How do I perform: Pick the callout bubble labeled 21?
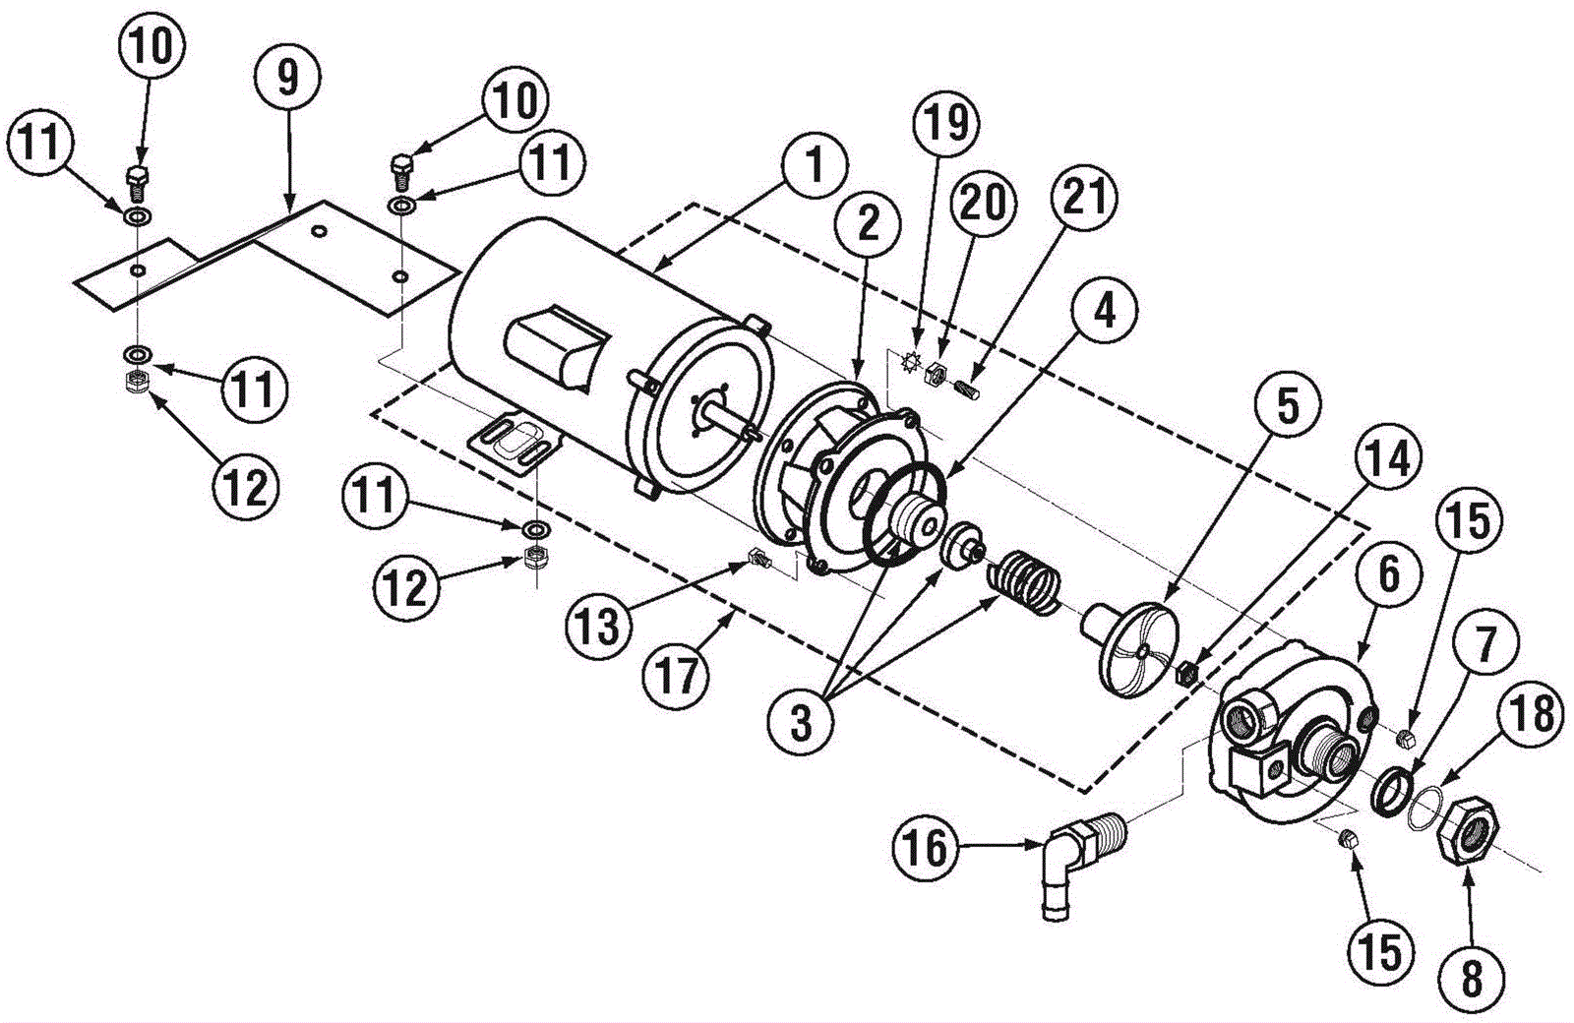click(x=1084, y=197)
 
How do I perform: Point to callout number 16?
click(x=927, y=848)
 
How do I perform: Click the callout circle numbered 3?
click(x=802, y=723)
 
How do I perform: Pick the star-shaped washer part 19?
click(x=911, y=363)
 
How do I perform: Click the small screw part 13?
click(x=758, y=560)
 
